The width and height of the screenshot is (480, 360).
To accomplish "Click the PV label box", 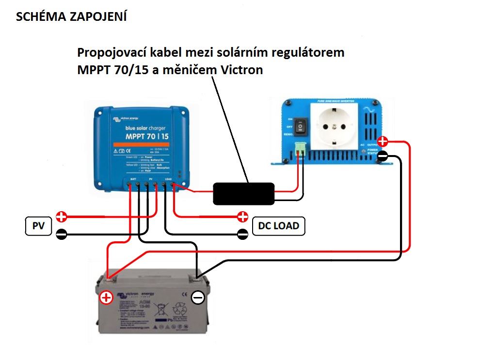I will click(38, 226).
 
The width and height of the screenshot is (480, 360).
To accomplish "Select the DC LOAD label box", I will click(279, 226).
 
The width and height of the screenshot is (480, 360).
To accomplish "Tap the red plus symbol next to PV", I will click(61, 216).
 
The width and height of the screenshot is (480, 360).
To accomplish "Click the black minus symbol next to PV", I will click(61, 235).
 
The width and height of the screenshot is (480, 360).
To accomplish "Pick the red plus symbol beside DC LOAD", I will click(242, 216).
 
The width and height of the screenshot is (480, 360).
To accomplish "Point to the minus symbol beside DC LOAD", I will click(242, 235).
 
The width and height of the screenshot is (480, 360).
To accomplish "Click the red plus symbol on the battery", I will click(106, 297).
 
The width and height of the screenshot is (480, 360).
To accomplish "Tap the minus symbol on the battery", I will click(198, 297).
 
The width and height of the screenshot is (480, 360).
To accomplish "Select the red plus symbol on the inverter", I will click(383, 141).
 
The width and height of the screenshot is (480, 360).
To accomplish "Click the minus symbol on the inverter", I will click(383, 156).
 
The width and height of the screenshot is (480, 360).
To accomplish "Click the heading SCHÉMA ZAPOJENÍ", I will click(72, 17).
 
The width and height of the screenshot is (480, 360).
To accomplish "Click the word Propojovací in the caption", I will click(108, 52).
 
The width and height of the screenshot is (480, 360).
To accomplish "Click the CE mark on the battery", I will click(183, 294).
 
